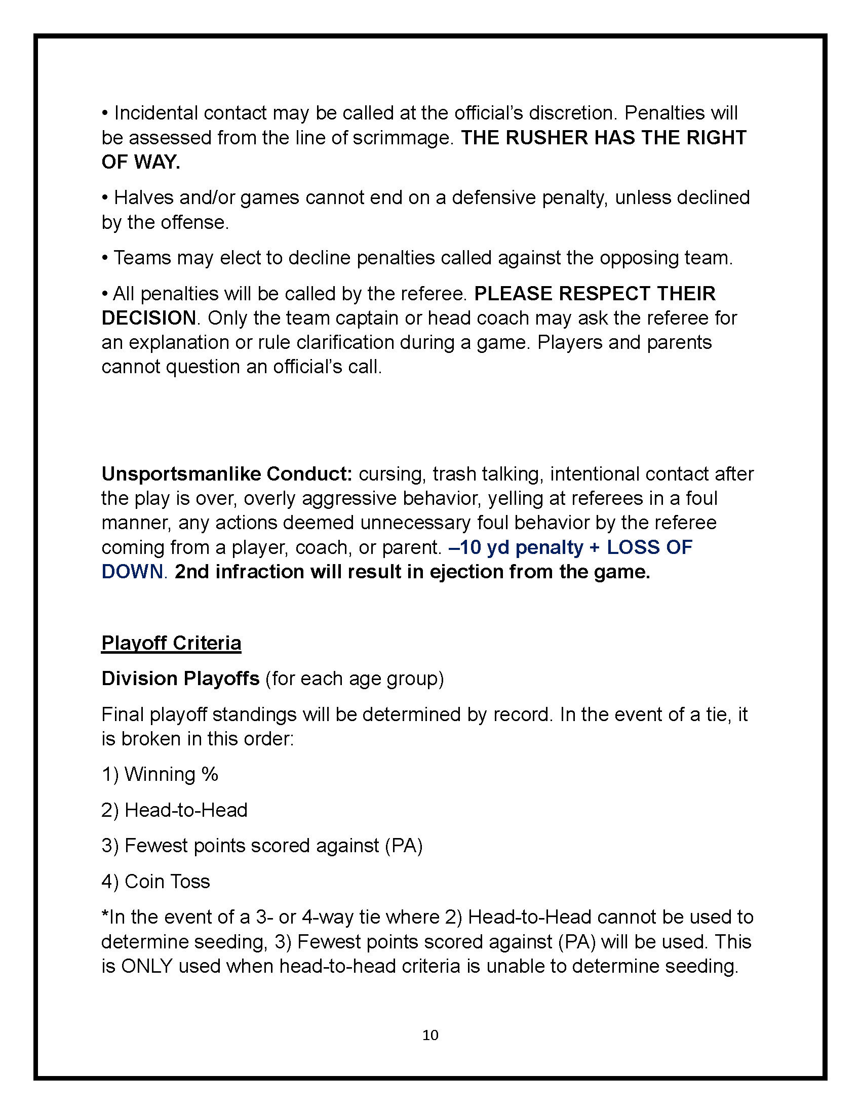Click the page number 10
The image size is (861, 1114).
click(x=430, y=1035)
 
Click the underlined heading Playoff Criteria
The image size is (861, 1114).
click(x=171, y=643)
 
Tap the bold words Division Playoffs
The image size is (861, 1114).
click(x=180, y=679)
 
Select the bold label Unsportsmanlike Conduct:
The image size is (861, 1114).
click(x=226, y=474)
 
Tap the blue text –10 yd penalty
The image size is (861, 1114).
click(x=516, y=547)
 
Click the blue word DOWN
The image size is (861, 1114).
click(x=132, y=572)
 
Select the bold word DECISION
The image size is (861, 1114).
click(x=148, y=319)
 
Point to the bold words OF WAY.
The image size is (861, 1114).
click(x=140, y=162)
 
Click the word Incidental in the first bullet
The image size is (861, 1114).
click(x=155, y=113)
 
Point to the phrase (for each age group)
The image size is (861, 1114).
click(x=355, y=679)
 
